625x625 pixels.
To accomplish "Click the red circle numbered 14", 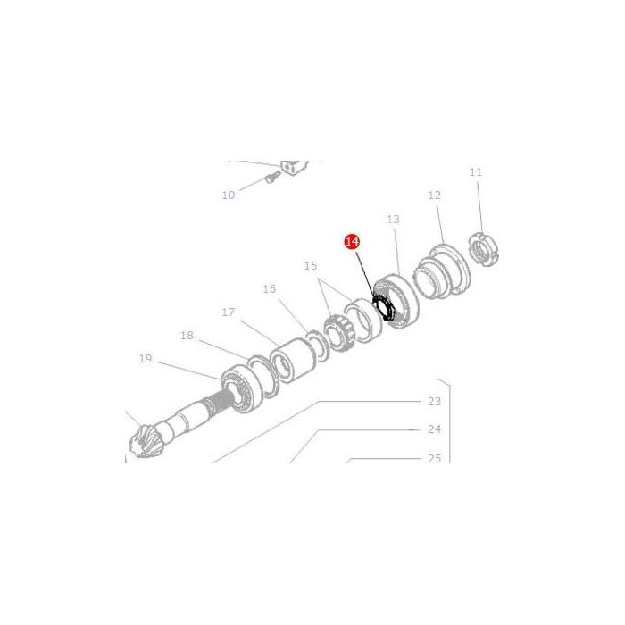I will tap(352, 242).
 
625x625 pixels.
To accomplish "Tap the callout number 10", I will tap(229, 195).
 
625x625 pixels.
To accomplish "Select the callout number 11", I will tap(475, 172).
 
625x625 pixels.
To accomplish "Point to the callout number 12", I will tap(434, 196).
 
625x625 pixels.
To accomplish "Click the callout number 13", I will tap(393, 219).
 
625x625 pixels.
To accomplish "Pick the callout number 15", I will tap(311, 266).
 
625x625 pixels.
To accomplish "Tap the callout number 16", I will tap(270, 289).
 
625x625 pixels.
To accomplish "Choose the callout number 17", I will tap(229, 312).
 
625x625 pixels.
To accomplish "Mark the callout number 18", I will tap(187, 336).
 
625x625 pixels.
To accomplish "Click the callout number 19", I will tap(146, 359).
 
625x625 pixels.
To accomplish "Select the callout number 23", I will tap(435, 402).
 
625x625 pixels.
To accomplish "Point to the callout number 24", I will tap(435, 429).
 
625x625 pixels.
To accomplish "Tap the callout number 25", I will tap(435, 459).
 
